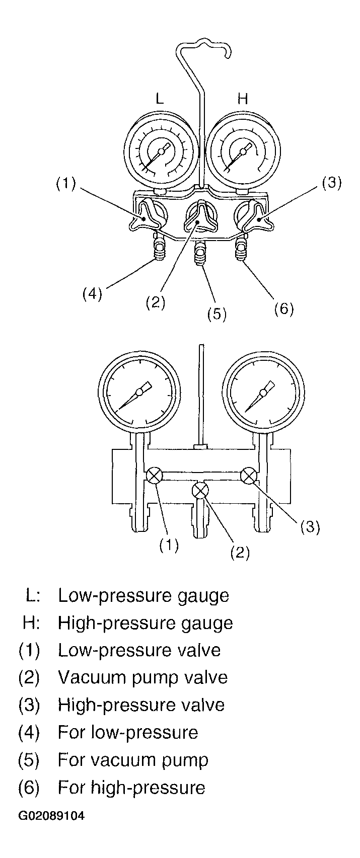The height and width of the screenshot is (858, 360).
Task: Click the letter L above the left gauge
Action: point(160,99)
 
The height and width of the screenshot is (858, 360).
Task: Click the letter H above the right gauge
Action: point(243,99)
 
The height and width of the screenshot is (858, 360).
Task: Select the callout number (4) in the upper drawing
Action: point(93,294)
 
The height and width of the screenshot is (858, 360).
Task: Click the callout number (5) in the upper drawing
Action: point(217,314)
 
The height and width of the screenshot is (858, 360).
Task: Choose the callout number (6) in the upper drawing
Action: point(284,308)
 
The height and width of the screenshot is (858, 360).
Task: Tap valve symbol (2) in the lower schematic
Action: point(200,490)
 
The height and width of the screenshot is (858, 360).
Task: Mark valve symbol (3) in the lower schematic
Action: point(249,476)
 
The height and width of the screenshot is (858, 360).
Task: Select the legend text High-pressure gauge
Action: point(146,623)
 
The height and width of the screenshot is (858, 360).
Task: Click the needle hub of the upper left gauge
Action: point(162,151)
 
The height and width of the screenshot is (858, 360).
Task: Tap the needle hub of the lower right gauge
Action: point(263,393)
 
